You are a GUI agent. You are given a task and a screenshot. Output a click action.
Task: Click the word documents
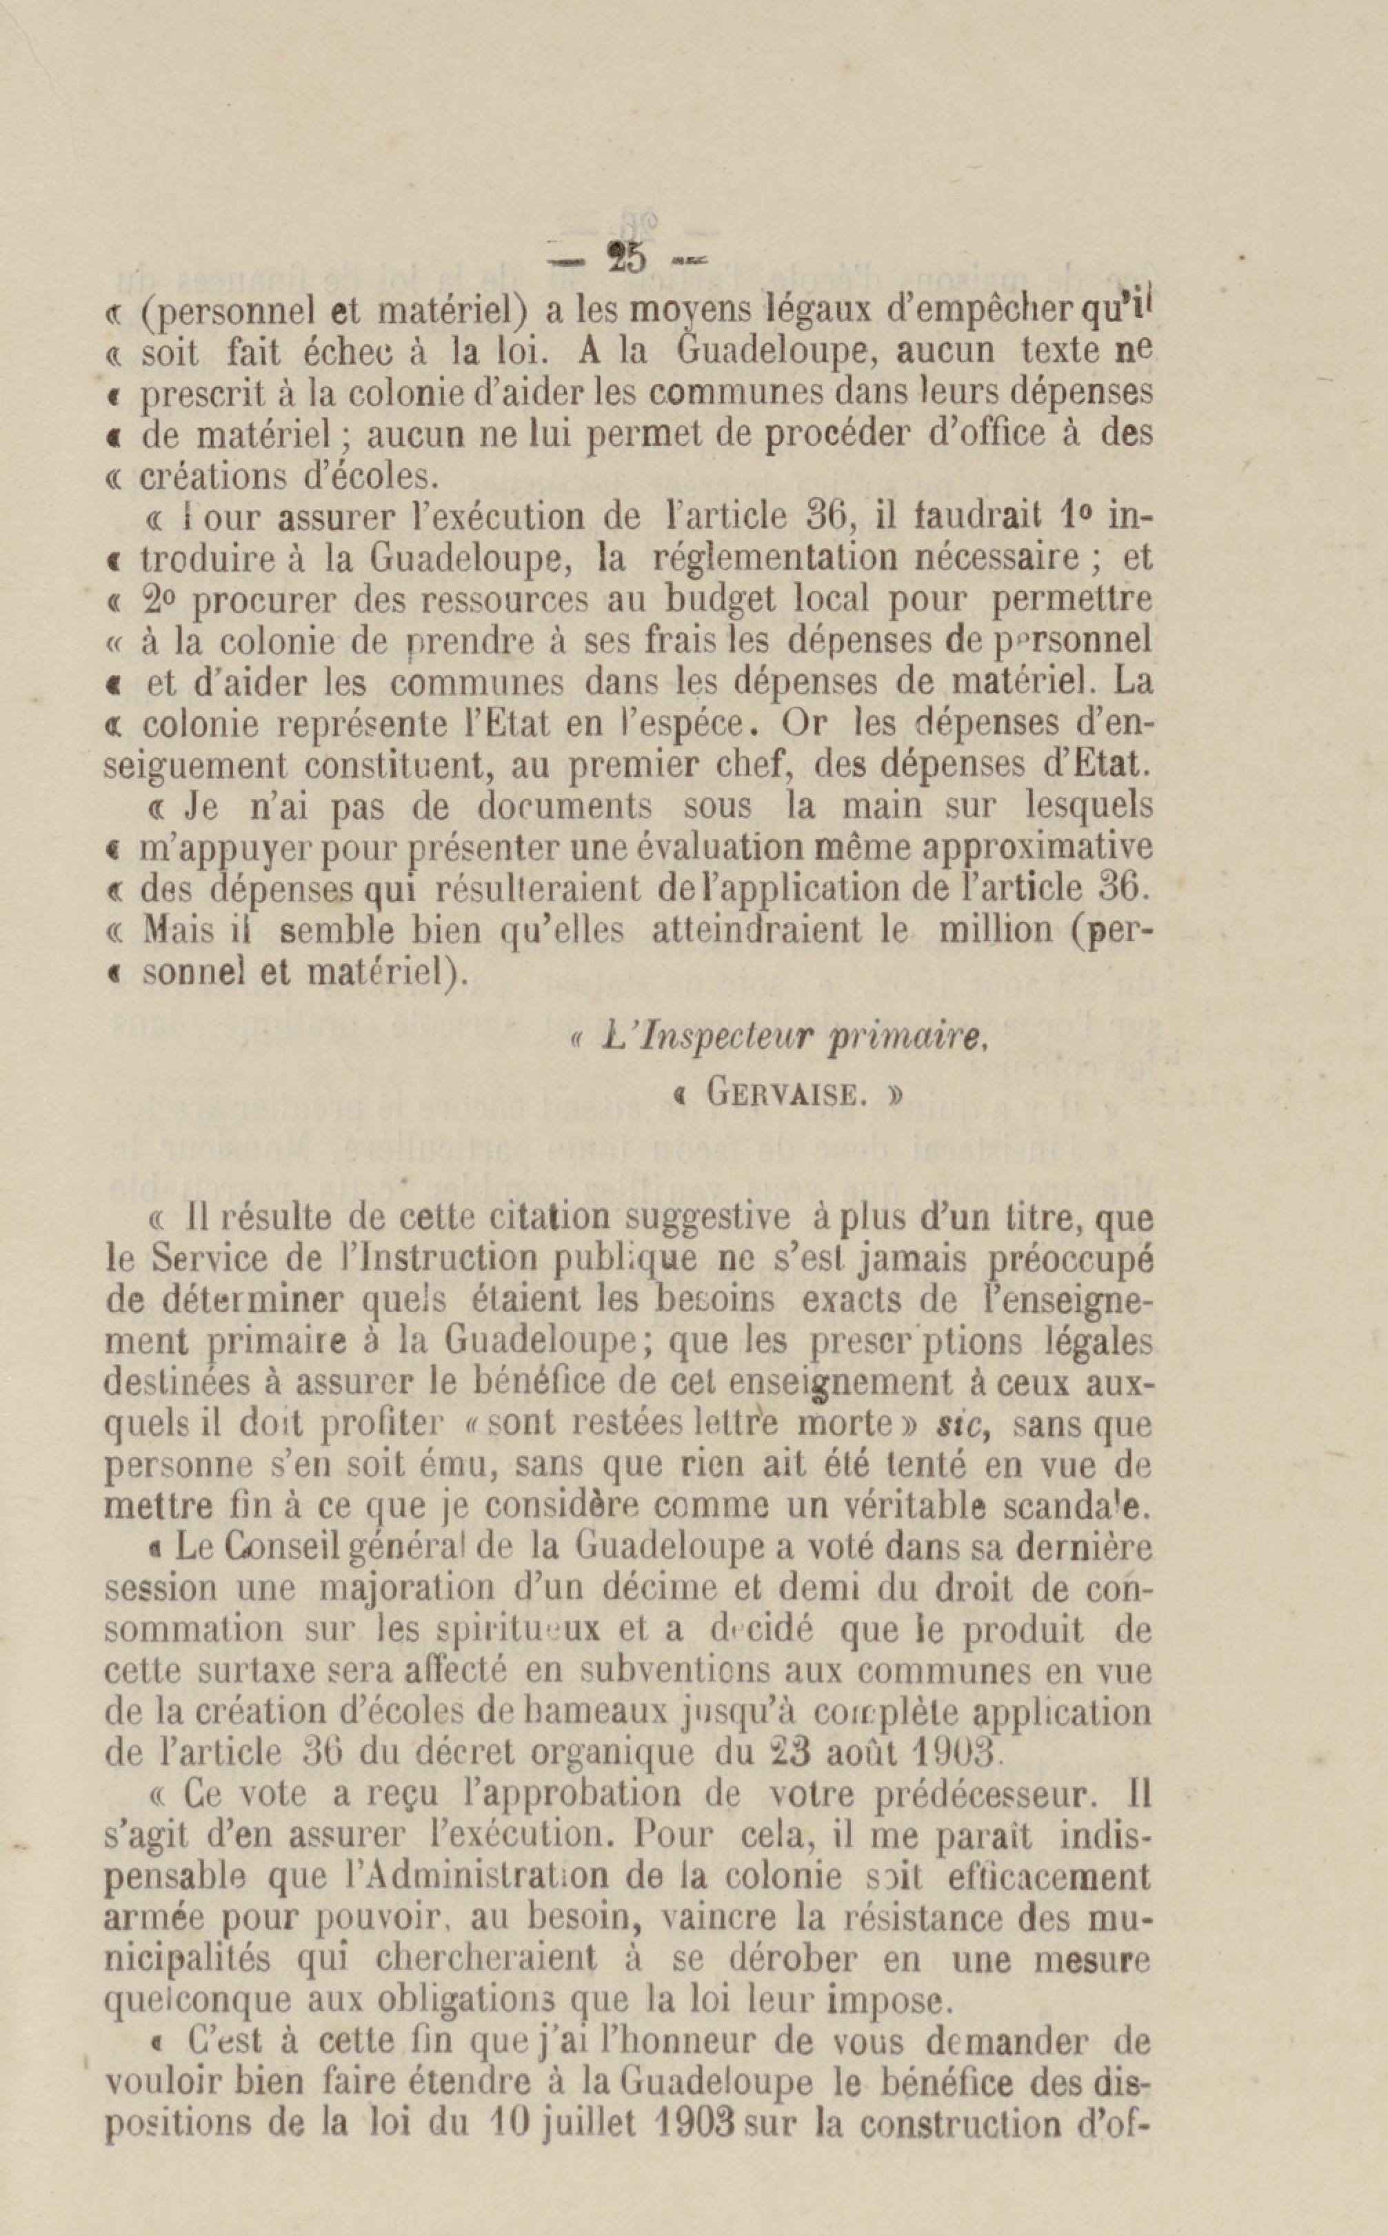[565, 805]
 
